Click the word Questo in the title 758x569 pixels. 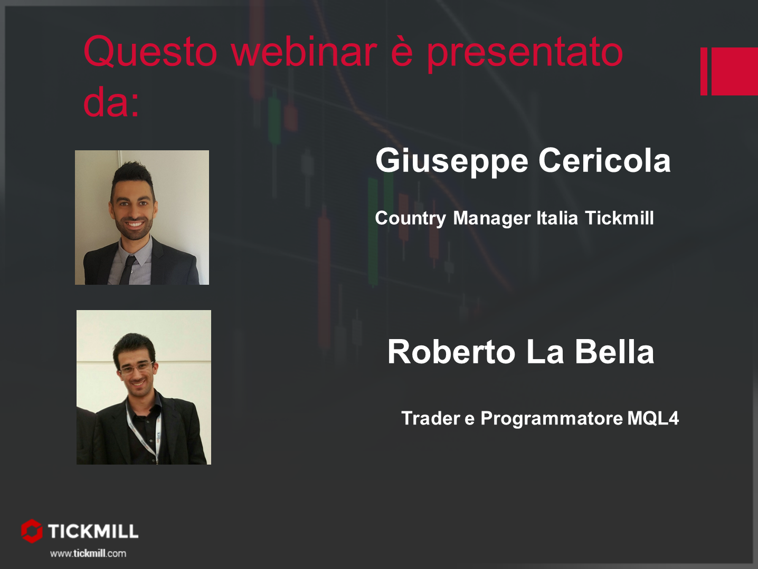150,52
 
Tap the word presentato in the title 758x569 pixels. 525,55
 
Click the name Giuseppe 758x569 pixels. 452,161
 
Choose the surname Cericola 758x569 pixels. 605,160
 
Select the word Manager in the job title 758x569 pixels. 492,219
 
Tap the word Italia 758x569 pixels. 557,218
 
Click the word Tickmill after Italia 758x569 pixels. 619,218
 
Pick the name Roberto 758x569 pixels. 451,352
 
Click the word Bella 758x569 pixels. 614,352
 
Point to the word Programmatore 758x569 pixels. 552,419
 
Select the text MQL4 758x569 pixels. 653,418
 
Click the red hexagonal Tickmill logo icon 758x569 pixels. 32,531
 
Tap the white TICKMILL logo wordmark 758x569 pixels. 93,531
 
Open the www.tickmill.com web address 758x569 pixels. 88,554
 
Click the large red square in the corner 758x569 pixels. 735,71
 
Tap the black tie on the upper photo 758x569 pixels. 127,271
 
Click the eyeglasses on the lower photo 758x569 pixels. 136,368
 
